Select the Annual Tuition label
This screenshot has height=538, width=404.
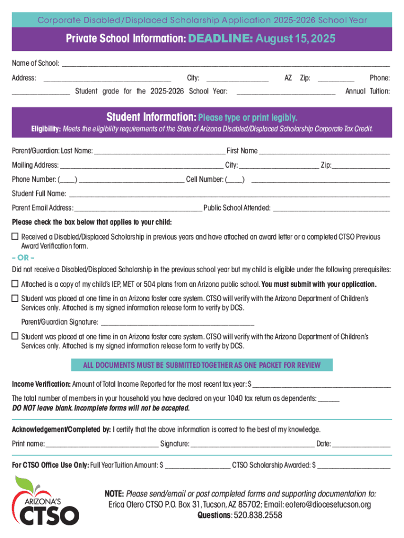click(x=367, y=91)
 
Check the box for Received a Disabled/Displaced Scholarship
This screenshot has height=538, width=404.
click(x=15, y=236)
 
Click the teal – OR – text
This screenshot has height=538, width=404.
click(x=23, y=257)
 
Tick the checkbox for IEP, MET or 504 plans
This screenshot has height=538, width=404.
click(x=15, y=284)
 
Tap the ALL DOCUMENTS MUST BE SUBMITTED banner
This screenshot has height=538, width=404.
click(x=201, y=365)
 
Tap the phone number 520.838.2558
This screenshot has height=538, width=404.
click(x=258, y=515)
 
